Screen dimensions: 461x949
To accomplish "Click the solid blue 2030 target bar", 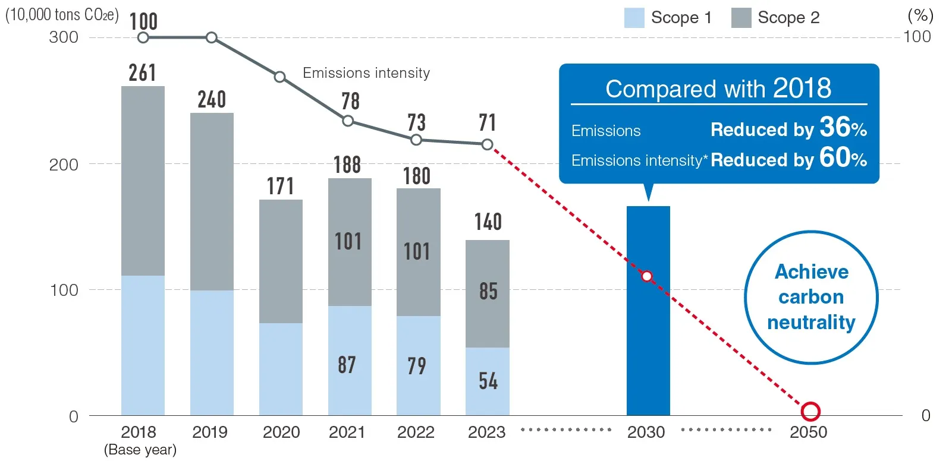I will coord(648,333).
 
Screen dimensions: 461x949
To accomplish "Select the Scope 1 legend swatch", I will coord(634,18).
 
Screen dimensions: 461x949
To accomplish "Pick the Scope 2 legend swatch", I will coord(741,18).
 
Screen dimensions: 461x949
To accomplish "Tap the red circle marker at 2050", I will coord(810,411).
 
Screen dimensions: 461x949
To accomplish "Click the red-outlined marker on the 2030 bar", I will coord(647,276).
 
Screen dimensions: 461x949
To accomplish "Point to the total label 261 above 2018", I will coord(143,73).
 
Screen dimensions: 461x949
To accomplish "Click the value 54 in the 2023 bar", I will coord(488,381).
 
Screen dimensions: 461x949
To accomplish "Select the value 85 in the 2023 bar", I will coord(488,291).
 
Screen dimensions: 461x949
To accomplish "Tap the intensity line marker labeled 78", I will coord(348,121).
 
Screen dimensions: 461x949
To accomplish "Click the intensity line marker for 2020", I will coord(279,77).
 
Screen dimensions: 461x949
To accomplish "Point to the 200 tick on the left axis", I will coord(64,165).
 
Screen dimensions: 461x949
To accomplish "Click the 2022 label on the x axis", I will coord(416,432).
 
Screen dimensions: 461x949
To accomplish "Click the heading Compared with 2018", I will coord(718,89).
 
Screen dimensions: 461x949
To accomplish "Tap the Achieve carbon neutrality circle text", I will coord(811,296).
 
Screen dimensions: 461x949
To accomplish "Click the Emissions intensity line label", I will coord(366,73).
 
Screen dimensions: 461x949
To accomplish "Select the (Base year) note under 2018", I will coord(140,450).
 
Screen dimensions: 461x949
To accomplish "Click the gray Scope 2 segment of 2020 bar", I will coord(281,261).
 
